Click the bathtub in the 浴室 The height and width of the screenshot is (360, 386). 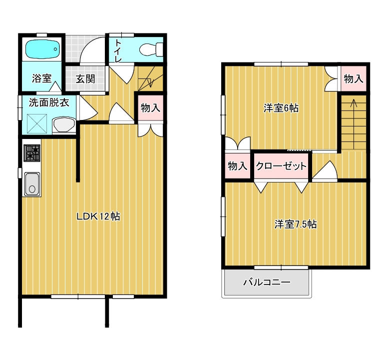[43, 49]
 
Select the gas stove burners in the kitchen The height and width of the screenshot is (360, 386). [32, 153]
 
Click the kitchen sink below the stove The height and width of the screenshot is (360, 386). [32, 184]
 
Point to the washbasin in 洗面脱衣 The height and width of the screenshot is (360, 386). [64, 124]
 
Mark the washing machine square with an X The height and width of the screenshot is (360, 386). [37, 123]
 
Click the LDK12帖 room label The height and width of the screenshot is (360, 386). [98, 216]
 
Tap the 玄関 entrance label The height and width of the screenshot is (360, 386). [85, 79]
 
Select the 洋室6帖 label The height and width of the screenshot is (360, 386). [281, 108]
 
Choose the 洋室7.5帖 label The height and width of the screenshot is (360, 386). [296, 224]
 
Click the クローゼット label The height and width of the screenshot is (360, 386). [281, 166]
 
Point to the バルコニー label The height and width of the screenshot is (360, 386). [267, 282]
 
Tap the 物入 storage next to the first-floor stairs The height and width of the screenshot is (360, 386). [150, 108]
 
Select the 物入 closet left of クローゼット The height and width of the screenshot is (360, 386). [238, 165]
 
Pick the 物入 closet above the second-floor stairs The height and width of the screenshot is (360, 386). [354, 78]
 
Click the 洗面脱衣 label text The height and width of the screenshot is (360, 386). [49, 102]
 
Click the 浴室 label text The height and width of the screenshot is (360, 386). [41, 78]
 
